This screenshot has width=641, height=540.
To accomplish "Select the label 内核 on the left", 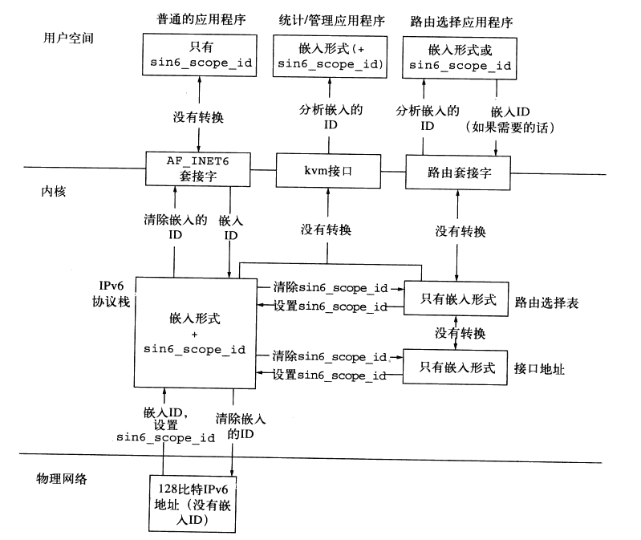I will pyautogui.click(x=52, y=193).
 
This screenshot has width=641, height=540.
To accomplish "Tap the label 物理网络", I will pyautogui.click(x=61, y=479).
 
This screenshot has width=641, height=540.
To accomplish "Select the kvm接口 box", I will pyautogui.click(x=327, y=171).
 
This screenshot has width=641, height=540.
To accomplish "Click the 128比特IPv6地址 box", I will pyautogui.click(x=192, y=503).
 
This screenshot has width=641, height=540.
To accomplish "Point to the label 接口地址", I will pyautogui.click(x=539, y=369).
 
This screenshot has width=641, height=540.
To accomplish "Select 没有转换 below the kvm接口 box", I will pyautogui.click(x=327, y=230).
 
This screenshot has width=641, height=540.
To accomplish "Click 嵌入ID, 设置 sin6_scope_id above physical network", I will pyautogui.click(x=166, y=424).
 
